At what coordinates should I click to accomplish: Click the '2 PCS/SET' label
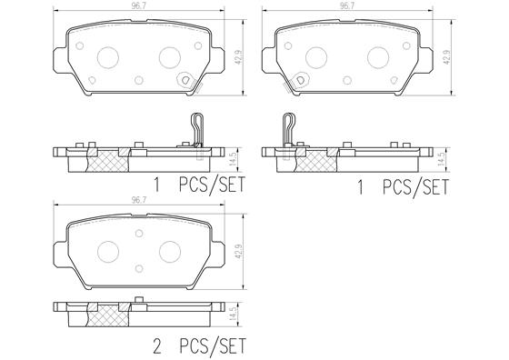[x=201, y=345]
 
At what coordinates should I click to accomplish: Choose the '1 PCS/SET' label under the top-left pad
[x=201, y=188]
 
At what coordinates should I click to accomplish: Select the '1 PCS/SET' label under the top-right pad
[x=405, y=188]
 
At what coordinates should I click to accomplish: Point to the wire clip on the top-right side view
[x=288, y=126]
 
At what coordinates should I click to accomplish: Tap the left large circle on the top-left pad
[x=108, y=56]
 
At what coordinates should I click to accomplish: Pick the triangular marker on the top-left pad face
[x=184, y=79]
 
